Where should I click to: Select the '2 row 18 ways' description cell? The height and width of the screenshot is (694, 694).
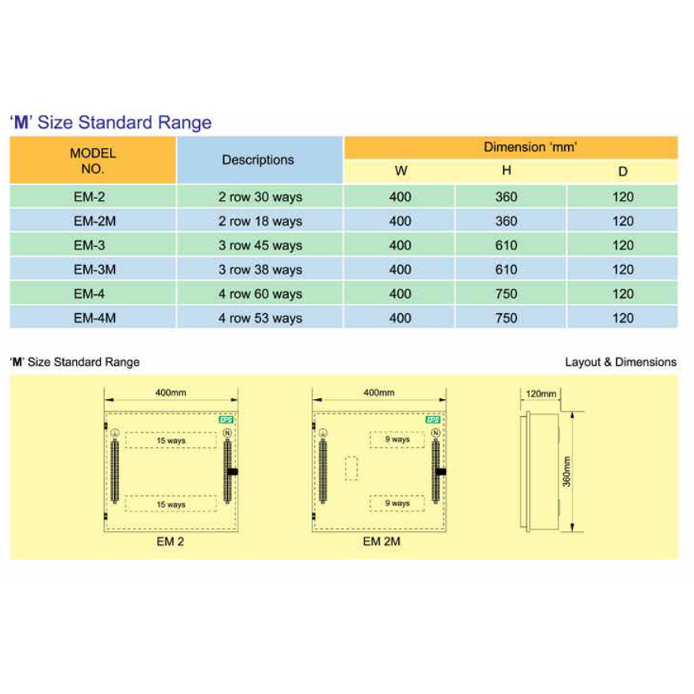point(260,221)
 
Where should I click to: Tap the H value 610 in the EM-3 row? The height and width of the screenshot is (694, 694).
point(507,245)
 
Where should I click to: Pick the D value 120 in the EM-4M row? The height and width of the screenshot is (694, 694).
point(622,319)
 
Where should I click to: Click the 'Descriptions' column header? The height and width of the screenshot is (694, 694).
point(258,160)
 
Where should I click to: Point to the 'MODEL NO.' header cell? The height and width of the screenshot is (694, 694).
point(93,161)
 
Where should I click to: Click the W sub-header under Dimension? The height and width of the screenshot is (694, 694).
point(401,171)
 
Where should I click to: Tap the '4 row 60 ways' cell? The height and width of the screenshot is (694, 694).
point(260,294)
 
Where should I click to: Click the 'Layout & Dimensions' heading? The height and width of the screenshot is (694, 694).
point(621,362)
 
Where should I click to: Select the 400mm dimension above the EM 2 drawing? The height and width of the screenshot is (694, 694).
point(170,392)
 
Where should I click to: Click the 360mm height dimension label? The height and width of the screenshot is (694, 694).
point(567,471)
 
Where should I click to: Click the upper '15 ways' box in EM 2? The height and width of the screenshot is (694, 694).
point(171,441)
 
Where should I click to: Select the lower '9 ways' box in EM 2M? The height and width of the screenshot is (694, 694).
point(397,503)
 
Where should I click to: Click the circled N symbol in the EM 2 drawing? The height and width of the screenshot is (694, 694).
point(227,433)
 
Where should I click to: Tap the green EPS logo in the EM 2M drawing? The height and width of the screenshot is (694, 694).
point(434,420)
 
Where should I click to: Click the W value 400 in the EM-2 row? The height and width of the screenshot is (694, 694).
point(401,197)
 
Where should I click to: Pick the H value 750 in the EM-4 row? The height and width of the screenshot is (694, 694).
point(507,294)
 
